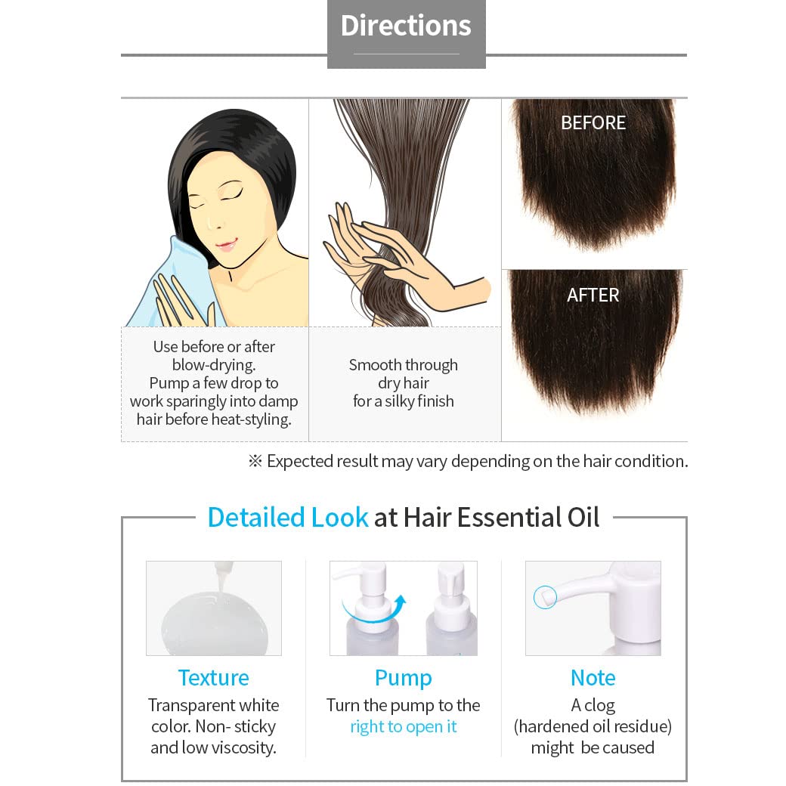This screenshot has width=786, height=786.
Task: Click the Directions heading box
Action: (x=406, y=30)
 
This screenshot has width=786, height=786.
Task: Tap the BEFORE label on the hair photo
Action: (x=593, y=122)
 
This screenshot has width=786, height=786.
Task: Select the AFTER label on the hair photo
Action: (x=593, y=295)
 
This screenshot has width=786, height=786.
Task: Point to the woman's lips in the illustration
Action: (x=226, y=244)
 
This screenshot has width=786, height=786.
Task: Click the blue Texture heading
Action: (x=213, y=677)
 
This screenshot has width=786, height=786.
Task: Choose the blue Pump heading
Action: (x=404, y=677)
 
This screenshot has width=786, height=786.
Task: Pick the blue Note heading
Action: (x=593, y=677)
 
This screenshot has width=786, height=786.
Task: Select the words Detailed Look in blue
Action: (x=287, y=517)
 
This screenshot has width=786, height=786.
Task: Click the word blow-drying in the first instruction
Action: (x=214, y=365)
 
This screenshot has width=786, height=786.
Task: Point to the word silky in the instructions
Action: (x=413, y=401)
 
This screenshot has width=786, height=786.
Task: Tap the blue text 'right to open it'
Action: (x=404, y=726)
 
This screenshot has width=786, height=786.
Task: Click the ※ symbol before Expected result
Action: (x=255, y=461)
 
